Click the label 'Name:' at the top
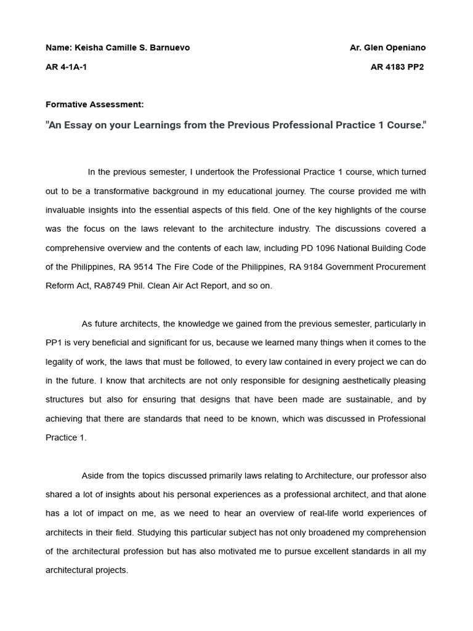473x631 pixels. (59, 48)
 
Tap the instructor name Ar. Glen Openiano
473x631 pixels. (387, 48)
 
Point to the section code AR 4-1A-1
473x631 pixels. (66, 67)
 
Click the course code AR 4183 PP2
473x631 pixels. (397, 67)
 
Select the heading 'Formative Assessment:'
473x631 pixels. (95, 105)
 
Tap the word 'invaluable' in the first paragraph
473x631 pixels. (66, 210)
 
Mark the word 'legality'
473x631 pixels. (61, 362)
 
